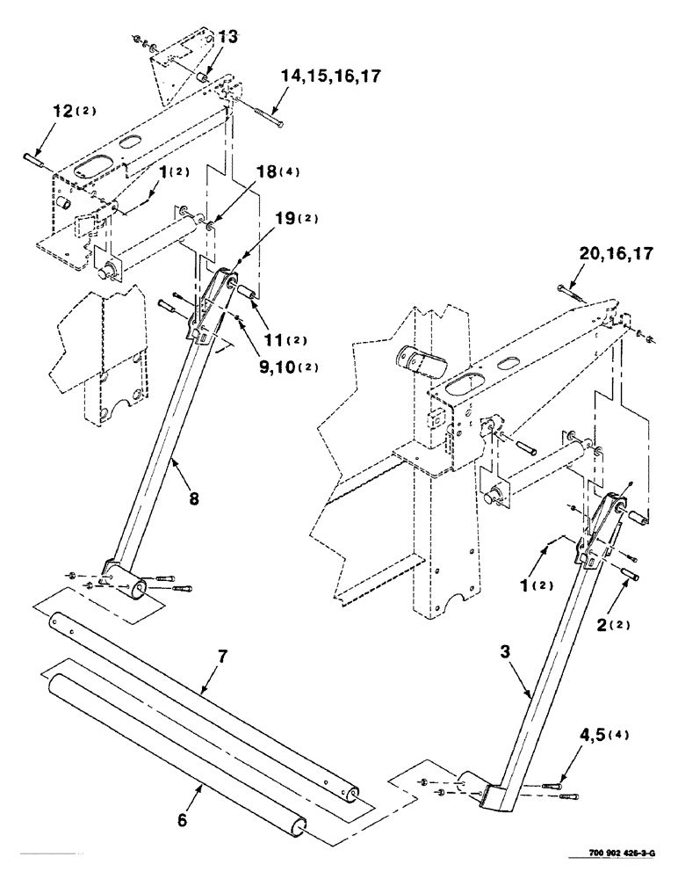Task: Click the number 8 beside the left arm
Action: [x=193, y=497]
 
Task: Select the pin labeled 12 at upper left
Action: [x=36, y=157]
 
